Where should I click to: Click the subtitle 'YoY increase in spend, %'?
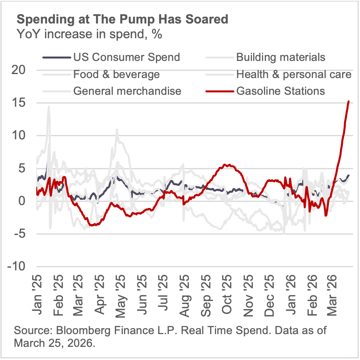click(89, 35)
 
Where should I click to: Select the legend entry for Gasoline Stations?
click(280, 91)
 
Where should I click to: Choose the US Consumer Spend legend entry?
click(126, 57)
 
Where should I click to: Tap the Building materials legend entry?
click(281, 57)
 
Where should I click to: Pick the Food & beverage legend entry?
click(116, 74)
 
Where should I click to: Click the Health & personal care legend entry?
click(294, 74)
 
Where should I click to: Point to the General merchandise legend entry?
click(127, 91)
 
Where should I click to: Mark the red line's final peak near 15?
click(349, 101)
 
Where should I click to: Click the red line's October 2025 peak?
click(226, 164)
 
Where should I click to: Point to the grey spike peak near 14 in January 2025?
click(49, 106)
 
